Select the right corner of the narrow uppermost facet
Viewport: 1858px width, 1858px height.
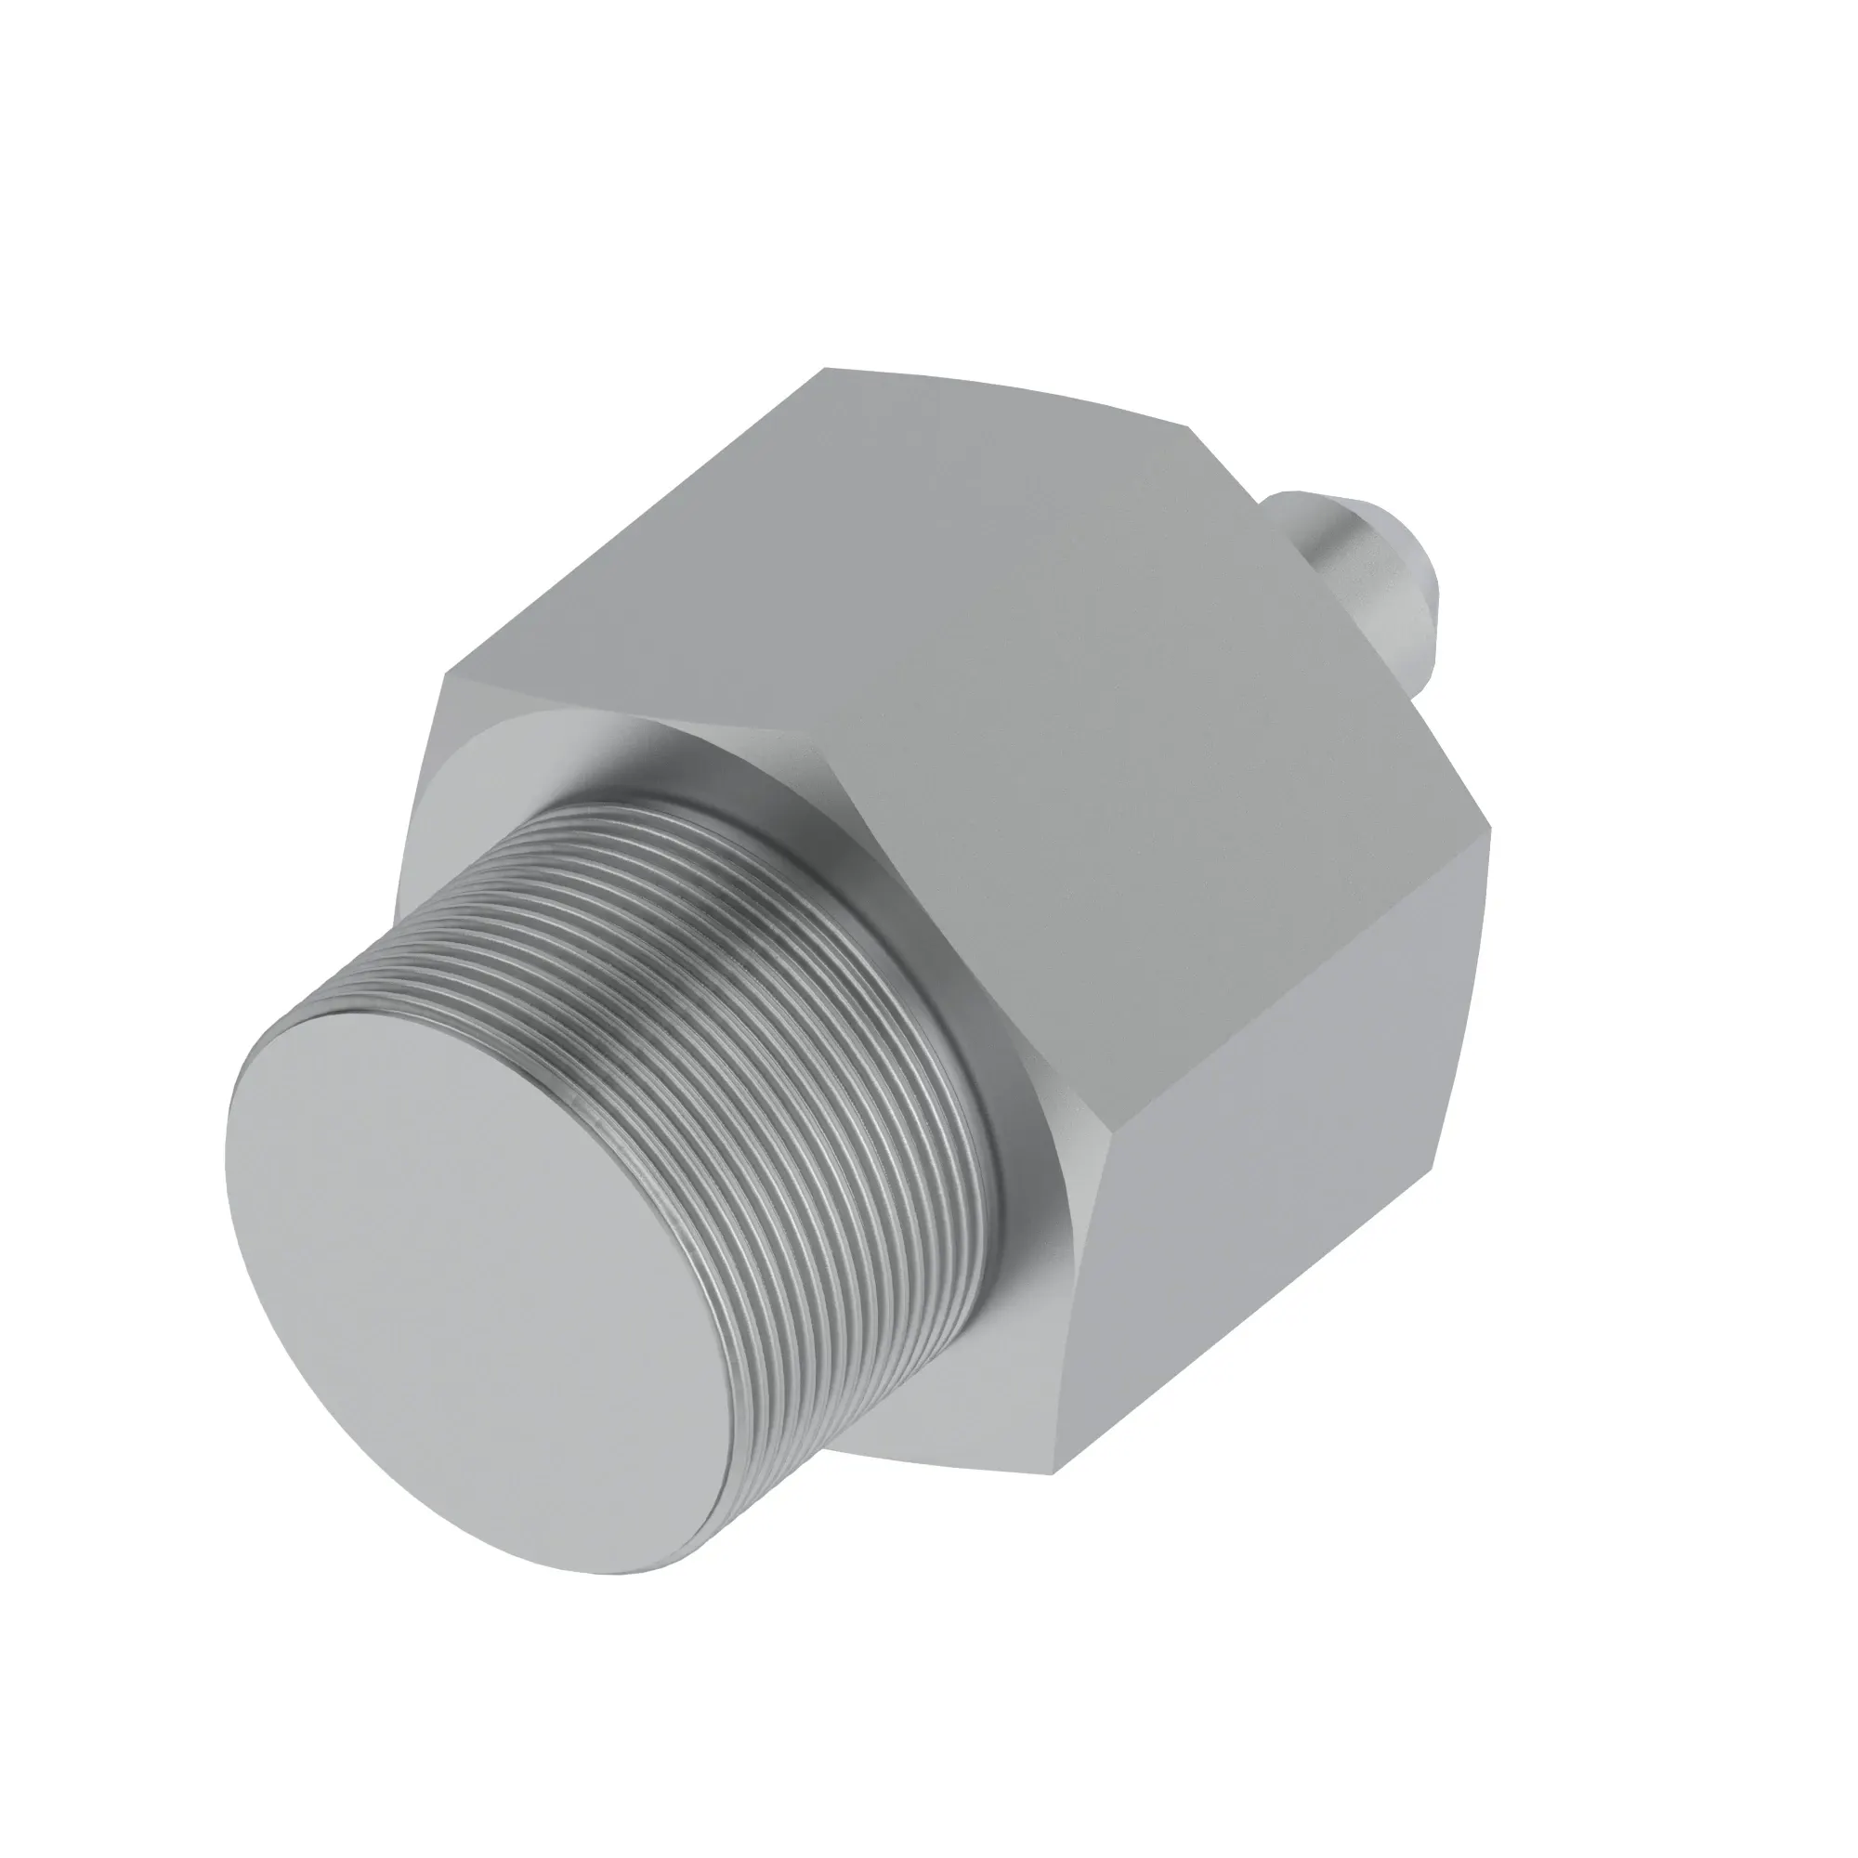point(1191,423)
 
